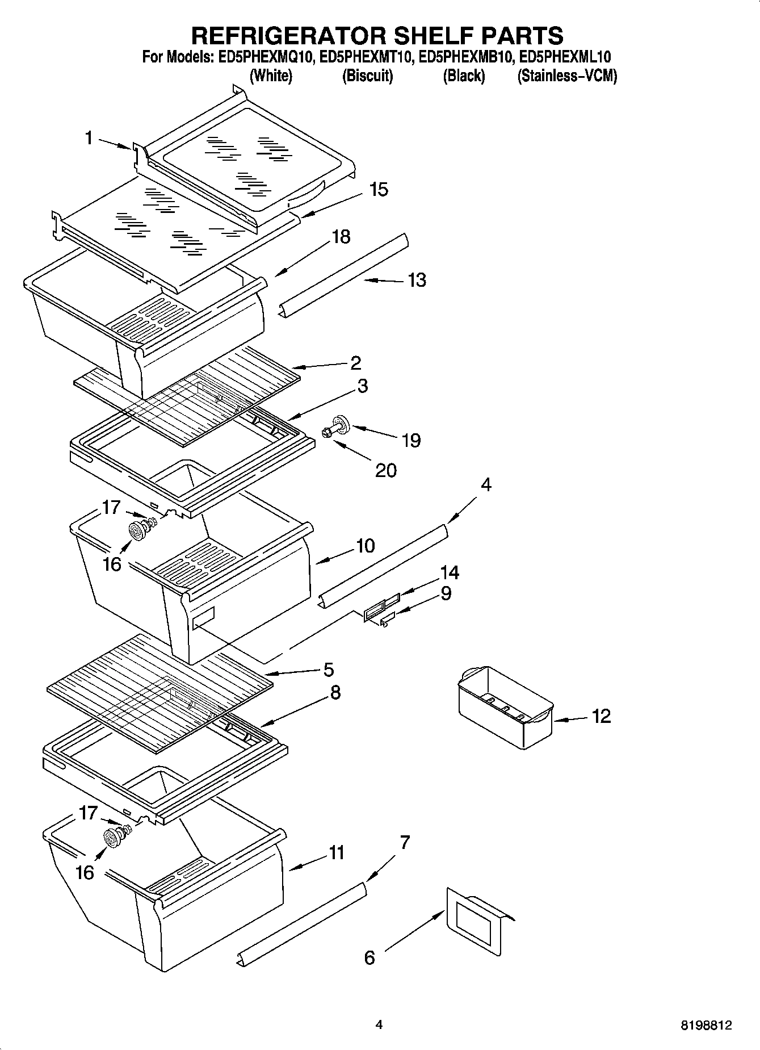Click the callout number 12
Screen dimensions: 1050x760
pos(601,716)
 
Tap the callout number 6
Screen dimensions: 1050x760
pos(369,958)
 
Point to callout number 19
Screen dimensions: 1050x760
pos(411,440)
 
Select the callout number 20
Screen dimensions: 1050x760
pos(386,470)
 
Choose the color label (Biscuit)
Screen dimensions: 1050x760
pos(367,76)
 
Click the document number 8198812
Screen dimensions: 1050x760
pos(707,1026)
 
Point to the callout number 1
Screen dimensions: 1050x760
pos(89,137)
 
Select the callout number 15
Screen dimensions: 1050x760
pos(379,189)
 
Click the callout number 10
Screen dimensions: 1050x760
pos(365,546)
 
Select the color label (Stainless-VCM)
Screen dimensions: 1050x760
pos(566,76)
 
